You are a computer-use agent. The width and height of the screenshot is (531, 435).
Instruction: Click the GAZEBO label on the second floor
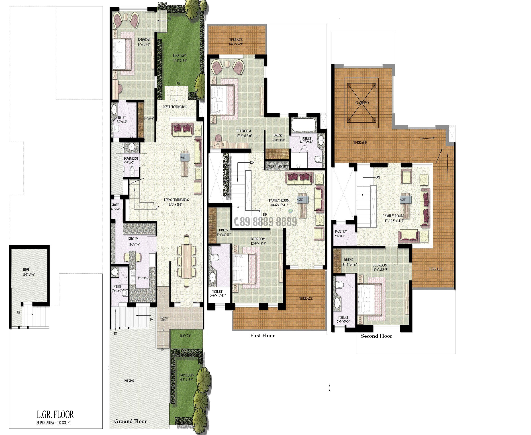(x=362, y=103)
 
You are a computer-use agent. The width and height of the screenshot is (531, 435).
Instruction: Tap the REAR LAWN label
(x=180, y=56)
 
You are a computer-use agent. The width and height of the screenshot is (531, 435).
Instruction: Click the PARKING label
(x=129, y=381)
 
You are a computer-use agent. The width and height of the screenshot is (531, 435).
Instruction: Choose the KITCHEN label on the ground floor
(x=133, y=239)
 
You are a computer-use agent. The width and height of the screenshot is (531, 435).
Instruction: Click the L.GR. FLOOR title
(x=55, y=415)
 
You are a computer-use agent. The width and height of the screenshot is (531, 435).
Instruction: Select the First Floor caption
(x=262, y=335)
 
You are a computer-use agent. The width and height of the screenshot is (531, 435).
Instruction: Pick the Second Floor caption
(x=376, y=336)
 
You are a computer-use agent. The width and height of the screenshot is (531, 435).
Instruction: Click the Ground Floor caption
(x=130, y=421)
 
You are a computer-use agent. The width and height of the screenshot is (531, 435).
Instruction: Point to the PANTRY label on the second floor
(x=341, y=232)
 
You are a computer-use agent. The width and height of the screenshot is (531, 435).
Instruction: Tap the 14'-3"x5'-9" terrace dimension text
(x=236, y=44)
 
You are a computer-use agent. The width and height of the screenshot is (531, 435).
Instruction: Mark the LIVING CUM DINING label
(x=176, y=200)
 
